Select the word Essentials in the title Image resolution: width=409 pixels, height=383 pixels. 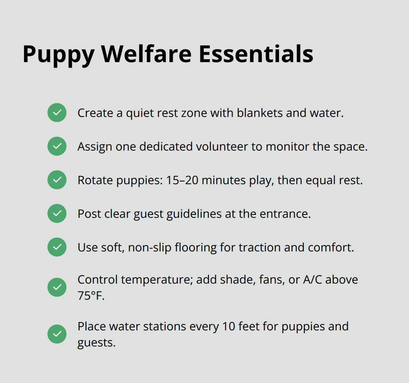pyautogui.click(x=256, y=54)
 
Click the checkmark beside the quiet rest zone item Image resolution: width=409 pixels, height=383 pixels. pyautogui.click(x=57, y=113)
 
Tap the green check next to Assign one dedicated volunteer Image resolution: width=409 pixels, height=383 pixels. pyautogui.click(x=57, y=146)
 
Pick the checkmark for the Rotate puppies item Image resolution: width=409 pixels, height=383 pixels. pyautogui.click(x=57, y=180)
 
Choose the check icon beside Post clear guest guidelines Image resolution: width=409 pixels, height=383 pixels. pyautogui.click(x=57, y=213)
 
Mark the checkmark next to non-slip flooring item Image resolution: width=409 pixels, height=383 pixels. pyautogui.click(x=57, y=247)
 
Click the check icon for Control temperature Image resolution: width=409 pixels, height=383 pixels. pyautogui.click(x=57, y=287)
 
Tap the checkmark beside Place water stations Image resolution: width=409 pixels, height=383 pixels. pyautogui.click(x=57, y=334)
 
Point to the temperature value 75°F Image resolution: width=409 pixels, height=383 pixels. pyautogui.click(x=91, y=295)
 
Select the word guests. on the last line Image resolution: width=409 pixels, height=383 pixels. pyautogui.click(x=96, y=342)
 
